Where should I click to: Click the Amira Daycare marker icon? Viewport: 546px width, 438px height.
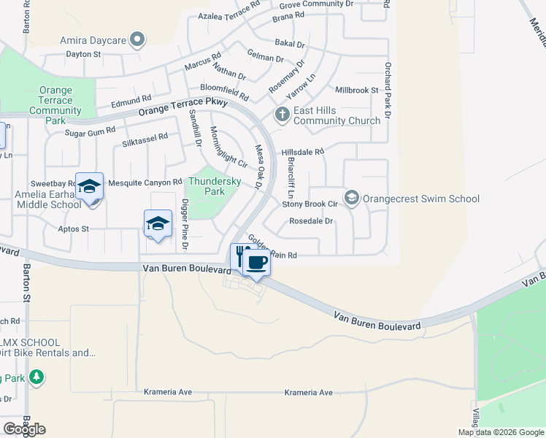click(136, 39)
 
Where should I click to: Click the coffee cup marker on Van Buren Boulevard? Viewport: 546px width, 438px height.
click(255, 261)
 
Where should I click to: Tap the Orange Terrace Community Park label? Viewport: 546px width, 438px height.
click(55, 106)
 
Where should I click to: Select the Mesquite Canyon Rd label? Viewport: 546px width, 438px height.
click(145, 182)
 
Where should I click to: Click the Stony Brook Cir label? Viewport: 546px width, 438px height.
click(309, 204)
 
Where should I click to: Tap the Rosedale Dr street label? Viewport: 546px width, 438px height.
click(311, 220)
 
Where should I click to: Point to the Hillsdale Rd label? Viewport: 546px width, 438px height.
click(302, 152)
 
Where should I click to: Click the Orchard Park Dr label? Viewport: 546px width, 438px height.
click(388, 91)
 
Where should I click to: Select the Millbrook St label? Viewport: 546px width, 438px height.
click(357, 91)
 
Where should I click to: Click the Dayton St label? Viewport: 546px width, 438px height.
click(82, 54)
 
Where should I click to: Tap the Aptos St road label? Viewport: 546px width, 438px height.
click(73, 228)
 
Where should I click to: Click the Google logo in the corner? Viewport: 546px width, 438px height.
click(24, 429)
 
